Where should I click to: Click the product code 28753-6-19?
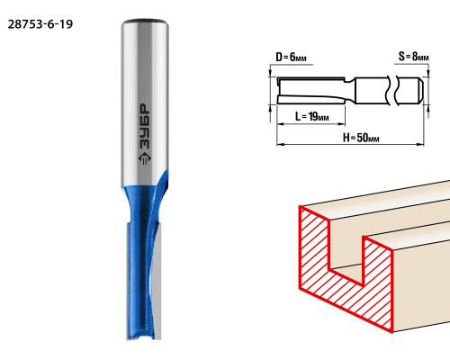(40, 24)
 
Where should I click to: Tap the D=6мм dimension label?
(291, 57)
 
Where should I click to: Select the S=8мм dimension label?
(413, 56)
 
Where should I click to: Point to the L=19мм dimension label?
(312, 116)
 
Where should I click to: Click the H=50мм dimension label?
(361, 138)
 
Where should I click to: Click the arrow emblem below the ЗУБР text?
(145, 158)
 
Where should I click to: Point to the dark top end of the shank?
(145, 22)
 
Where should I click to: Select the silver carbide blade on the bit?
(157, 282)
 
